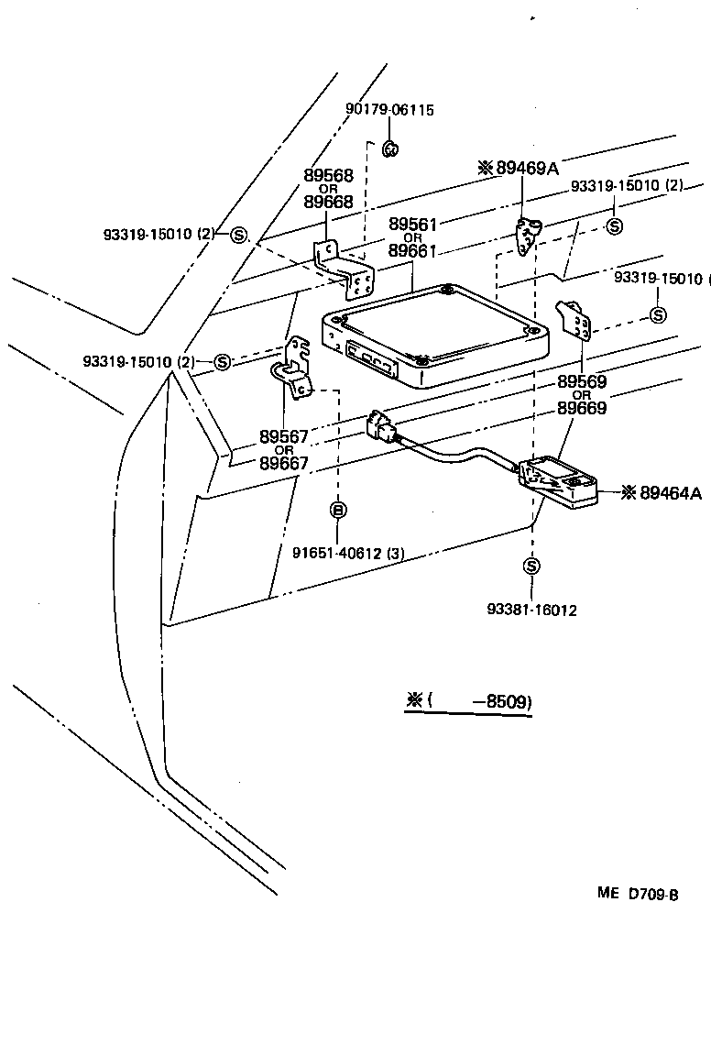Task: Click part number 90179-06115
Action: coord(389,110)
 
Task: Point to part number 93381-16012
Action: coord(531,610)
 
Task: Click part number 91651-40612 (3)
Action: coord(336,552)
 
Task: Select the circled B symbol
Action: coord(337,510)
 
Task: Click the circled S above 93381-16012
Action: coord(531,566)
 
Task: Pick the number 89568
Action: coord(328,176)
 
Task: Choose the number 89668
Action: coord(328,202)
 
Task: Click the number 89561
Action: coord(413,225)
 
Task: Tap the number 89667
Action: coord(284,463)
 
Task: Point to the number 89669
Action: coord(582,409)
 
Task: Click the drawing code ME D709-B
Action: coord(638,895)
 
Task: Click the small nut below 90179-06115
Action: coord(389,148)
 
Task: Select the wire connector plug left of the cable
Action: coord(380,426)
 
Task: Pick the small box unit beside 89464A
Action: coord(559,481)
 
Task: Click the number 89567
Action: coord(284,436)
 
